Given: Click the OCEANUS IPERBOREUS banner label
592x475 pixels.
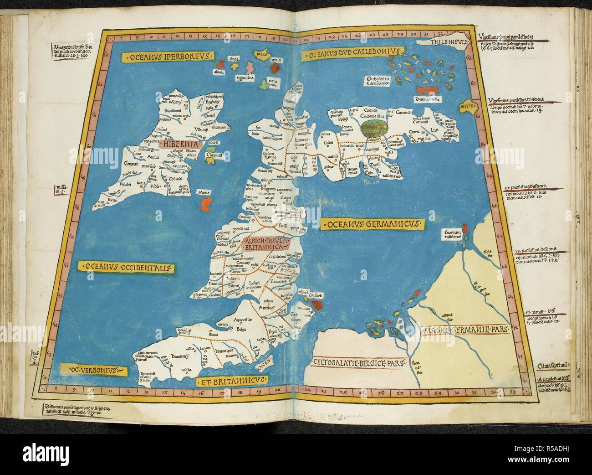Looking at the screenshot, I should point(167,57).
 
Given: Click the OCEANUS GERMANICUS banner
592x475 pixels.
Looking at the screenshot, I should point(372,224).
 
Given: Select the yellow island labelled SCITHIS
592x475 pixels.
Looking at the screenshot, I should point(469,105).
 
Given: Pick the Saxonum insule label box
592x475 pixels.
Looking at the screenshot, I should point(453,235).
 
